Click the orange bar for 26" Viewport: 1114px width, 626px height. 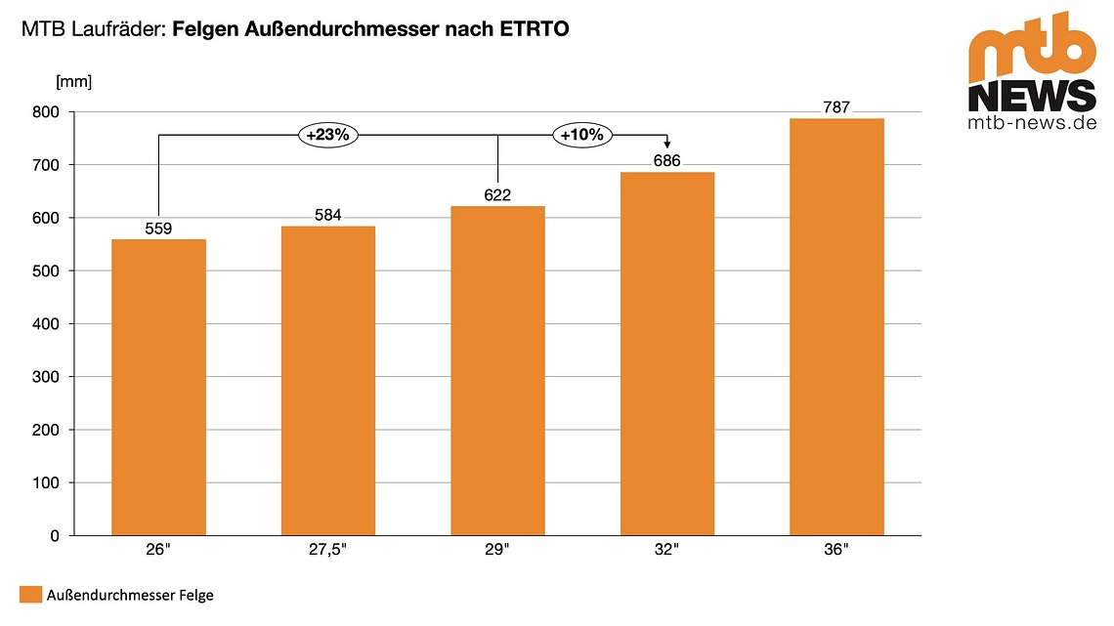(x=158, y=387)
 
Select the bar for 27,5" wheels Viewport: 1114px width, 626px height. (x=328, y=381)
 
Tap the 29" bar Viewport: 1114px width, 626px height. (x=497, y=371)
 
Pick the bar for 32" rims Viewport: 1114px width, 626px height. (x=667, y=354)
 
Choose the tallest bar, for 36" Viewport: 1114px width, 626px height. (x=836, y=327)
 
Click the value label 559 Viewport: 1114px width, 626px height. (x=158, y=230)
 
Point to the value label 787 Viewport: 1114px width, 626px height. (x=836, y=108)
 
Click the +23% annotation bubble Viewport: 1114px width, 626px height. (x=327, y=136)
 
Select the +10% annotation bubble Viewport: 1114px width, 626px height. (x=582, y=136)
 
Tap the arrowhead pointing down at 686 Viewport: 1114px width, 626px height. (x=667, y=146)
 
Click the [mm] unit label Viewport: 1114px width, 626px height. (x=74, y=81)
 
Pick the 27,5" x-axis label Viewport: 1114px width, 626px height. (x=328, y=551)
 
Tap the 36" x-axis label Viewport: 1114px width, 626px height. (x=836, y=551)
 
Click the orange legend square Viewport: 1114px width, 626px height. (x=30, y=595)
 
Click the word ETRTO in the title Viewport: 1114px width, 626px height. (x=532, y=30)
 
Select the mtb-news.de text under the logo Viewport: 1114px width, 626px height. (x=1032, y=124)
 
